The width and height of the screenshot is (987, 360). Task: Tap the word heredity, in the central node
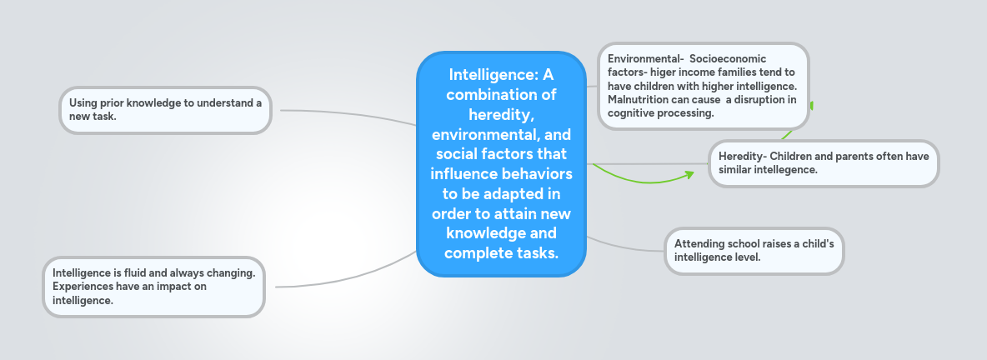(501, 114)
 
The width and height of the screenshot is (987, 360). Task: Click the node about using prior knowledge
(165, 109)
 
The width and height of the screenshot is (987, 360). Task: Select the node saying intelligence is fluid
(153, 287)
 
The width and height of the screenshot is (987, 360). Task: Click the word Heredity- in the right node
(742, 156)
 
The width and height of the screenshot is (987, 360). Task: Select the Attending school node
(754, 250)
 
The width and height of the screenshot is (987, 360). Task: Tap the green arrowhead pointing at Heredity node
(689, 174)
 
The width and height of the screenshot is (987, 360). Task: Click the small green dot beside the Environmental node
(811, 106)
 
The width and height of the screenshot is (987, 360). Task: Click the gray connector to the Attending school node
(625, 247)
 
